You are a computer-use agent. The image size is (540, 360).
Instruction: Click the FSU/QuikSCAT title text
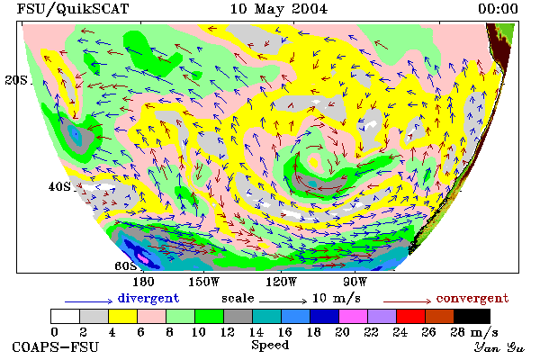73,9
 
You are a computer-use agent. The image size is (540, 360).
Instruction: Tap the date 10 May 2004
279,9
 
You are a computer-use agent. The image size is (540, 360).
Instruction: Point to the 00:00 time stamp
498,9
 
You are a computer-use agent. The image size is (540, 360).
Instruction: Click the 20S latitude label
16,80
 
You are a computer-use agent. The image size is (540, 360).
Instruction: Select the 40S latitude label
59,186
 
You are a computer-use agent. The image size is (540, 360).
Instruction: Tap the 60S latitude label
126,265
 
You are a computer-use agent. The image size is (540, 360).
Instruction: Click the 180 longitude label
143,282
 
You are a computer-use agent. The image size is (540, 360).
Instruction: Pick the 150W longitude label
204,282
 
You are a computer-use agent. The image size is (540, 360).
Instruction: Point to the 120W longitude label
281,282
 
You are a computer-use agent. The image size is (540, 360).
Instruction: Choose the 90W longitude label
355,282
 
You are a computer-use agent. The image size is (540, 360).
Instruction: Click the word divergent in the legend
148,298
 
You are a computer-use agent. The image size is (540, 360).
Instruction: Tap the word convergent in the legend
472,298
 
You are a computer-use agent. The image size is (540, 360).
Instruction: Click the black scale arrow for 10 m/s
283,301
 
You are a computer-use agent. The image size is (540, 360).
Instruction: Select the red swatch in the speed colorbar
410,316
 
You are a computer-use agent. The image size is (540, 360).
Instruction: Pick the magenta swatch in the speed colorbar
353,316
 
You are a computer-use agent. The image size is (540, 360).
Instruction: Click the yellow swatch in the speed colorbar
122,316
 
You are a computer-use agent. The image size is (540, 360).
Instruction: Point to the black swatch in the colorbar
472,316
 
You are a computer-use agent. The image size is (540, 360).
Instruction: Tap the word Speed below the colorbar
270,346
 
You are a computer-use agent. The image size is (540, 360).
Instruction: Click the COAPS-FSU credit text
56,346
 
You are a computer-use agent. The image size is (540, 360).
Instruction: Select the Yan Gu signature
499,347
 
